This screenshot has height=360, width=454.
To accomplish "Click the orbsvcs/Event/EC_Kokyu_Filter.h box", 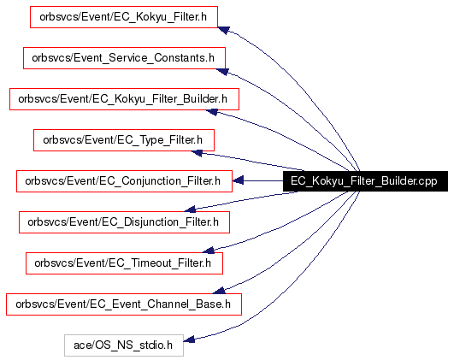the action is point(124,17).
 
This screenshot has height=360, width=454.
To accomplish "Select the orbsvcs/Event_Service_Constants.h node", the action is point(124,58).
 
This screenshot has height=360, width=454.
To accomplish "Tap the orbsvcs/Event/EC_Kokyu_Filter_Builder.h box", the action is point(124,99).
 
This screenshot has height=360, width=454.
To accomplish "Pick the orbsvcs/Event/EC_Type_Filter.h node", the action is point(124,140).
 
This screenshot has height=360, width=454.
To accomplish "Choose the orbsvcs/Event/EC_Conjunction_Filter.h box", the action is point(124,181).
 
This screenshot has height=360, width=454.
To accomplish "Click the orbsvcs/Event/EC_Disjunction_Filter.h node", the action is point(124,222).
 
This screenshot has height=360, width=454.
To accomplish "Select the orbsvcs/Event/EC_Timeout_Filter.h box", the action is point(124,263).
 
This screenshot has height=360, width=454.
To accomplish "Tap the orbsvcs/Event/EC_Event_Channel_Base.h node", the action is point(124,304).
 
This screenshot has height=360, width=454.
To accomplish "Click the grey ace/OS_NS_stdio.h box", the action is point(124,345).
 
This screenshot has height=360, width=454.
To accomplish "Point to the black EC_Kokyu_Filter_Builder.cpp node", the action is point(365,181).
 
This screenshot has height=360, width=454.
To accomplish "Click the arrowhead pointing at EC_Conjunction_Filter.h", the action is point(238,180).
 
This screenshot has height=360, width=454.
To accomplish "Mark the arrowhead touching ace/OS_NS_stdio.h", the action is point(189,339).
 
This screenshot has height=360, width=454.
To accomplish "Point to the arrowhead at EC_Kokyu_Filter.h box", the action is point(223,30).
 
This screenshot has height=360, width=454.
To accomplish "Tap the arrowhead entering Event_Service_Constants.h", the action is point(222,71).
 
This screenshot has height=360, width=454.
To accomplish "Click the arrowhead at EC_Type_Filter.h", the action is point(197,152).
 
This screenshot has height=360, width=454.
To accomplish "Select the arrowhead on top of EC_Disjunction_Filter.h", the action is point(190,210).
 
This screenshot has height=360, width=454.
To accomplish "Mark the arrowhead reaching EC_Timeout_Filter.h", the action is point(209,251).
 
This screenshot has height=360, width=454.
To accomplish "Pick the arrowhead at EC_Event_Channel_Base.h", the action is point(219,291).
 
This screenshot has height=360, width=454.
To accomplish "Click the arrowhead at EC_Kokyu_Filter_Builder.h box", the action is point(211,112).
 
